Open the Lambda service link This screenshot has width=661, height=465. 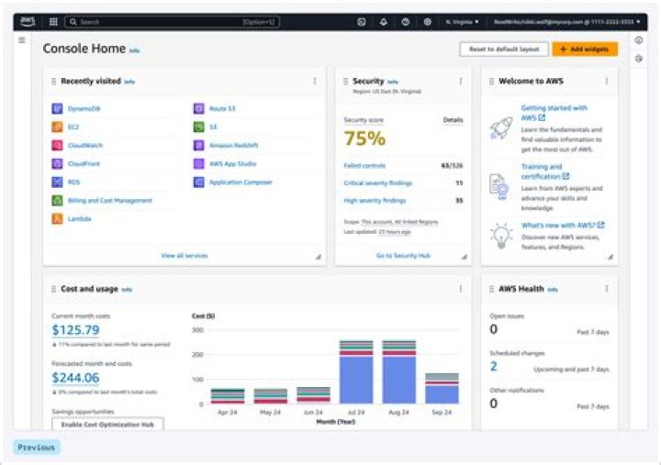pos(80,219)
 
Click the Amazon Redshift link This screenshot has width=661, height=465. pos(232,145)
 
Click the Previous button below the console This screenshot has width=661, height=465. pos(37,448)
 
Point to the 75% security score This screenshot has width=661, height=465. pos(364,138)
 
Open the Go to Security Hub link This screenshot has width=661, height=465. pos(403,256)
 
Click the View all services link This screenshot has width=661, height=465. pos(185,256)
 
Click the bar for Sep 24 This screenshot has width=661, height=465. pos(442,388)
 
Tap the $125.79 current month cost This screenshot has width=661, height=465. pos(75,330)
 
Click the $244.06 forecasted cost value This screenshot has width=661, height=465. pos(75,377)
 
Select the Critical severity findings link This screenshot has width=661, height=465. pos(379,183)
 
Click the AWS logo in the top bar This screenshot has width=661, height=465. pos(27,21)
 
